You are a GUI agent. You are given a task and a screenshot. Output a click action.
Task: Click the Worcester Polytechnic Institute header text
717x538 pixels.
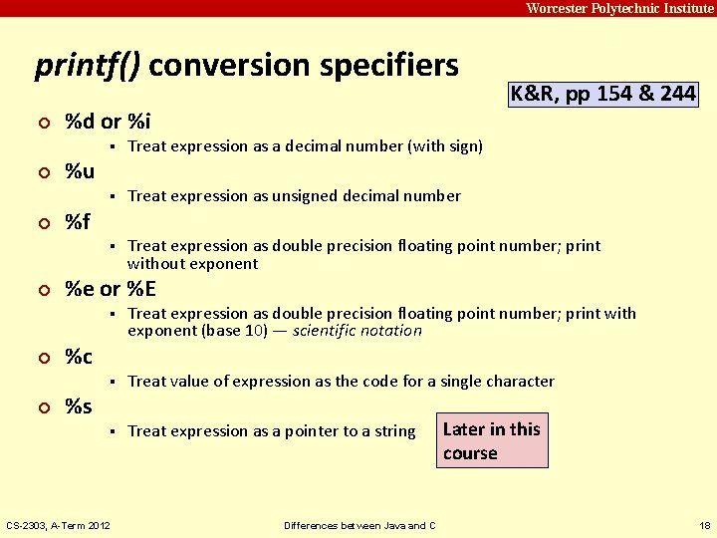click(x=619, y=8)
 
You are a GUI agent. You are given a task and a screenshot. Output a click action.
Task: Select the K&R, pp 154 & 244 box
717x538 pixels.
click(x=603, y=95)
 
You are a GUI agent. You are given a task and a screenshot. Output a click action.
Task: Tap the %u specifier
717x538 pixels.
click(x=80, y=171)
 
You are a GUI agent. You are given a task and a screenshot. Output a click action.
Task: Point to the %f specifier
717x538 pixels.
click(x=78, y=221)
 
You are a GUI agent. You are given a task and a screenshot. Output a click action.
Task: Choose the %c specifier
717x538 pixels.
click(x=79, y=357)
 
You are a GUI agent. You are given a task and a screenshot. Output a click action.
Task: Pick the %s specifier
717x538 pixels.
click(x=79, y=406)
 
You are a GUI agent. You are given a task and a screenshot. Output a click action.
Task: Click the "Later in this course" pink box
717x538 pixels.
click(x=492, y=440)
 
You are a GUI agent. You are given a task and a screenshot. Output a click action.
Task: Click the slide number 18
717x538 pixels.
click(x=705, y=525)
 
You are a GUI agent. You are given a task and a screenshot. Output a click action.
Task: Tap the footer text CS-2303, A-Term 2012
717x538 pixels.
click(x=59, y=525)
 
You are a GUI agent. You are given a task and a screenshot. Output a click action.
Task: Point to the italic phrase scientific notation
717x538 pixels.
click(x=358, y=331)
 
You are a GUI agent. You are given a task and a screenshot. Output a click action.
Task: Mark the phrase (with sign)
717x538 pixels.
click(x=445, y=146)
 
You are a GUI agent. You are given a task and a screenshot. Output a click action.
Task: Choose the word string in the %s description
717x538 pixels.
click(x=394, y=431)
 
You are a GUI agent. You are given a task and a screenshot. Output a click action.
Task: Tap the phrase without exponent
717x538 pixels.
click(x=192, y=264)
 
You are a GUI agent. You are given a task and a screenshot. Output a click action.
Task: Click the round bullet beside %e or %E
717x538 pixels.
click(x=41, y=290)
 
